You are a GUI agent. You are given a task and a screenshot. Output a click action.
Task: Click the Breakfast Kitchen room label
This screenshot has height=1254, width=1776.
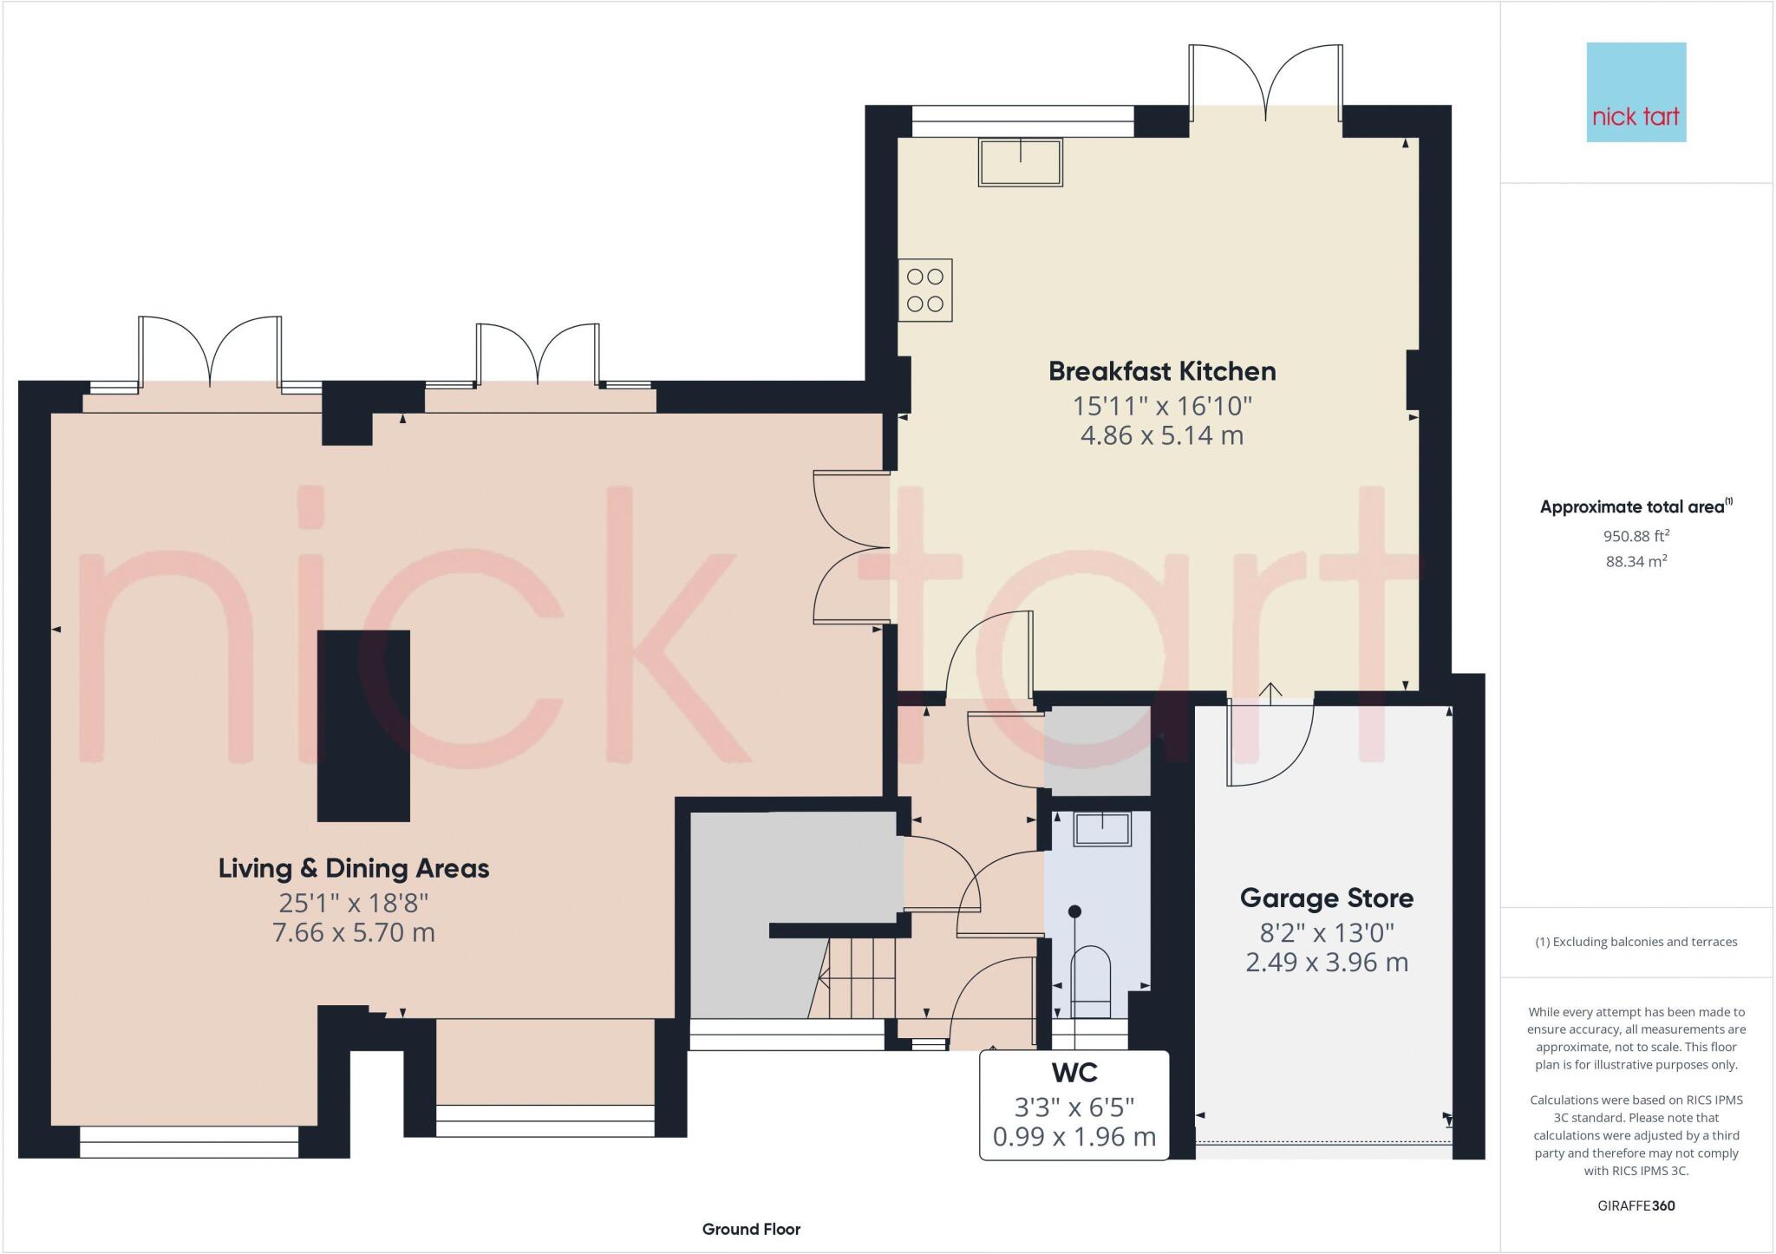pyautogui.click(x=1161, y=371)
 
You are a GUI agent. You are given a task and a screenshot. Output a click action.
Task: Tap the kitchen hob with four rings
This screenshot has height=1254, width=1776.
pyautogui.click(x=924, y=290)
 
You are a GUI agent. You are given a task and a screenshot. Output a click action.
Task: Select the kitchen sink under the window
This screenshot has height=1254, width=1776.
pyautogui.click(x=1020, y=162)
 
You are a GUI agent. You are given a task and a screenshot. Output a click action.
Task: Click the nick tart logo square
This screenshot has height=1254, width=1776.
pyautogui.click(x=1636, y=92)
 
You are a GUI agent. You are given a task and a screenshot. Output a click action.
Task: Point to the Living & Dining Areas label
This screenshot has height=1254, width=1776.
pyautogui.click(x=353, y=868)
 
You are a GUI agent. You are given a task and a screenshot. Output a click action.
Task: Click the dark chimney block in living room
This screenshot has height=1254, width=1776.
pyautogui.click(x=363, y=725)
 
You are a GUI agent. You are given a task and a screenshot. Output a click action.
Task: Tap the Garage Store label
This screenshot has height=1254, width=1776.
pyautogui.click(x=1326, y=898)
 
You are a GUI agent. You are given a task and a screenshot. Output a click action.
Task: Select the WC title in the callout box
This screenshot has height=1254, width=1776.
pyautogui.click(x=1074, y=1073)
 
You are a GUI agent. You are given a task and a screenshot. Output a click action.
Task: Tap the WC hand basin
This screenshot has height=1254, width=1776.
pyautogui.click(x=1102, y=828)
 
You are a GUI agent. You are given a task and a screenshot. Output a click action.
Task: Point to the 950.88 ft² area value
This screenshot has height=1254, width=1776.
pyautogui.click(x=1636, y=536)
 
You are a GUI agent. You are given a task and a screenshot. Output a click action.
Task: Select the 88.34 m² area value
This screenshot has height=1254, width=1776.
pyautogui.click(x=1636, y=561)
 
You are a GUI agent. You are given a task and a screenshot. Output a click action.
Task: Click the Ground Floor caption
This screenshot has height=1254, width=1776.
pyautogui.click(x=751, y=1229)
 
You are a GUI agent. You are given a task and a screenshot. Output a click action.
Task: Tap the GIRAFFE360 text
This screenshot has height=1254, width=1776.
pyautogui.click(x=1636, y=1205)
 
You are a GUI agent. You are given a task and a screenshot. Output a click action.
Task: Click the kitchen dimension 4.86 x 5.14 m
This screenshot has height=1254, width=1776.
pyautogui.click(x=1161, y=435)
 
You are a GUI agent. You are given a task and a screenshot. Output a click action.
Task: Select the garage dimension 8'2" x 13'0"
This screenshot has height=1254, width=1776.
pyautogui.click(x=1326, y=933)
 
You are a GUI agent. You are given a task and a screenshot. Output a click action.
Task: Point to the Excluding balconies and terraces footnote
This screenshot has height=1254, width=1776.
pyautogui.click(x=1636, y=942)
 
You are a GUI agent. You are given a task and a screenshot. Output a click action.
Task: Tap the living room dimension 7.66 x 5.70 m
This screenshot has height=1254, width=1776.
pyautogui.click(x=353, y=933)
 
